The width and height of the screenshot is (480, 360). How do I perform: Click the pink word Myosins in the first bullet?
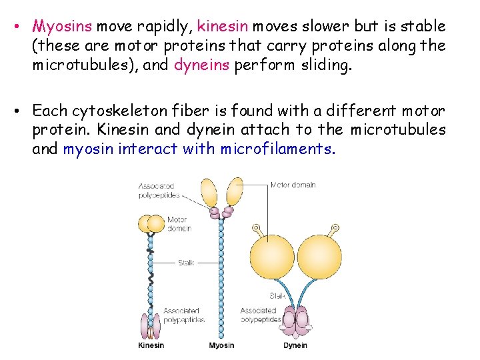63,27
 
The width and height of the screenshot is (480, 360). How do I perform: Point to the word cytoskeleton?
119,111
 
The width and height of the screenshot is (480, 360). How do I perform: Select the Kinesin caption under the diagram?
151,345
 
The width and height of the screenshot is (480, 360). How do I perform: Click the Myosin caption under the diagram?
221,345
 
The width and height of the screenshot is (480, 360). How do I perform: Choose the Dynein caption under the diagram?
295,345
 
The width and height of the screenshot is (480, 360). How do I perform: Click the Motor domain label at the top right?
293,185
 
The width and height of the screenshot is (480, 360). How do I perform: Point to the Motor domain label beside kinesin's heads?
178,224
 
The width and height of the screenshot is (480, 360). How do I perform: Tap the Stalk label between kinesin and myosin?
186,263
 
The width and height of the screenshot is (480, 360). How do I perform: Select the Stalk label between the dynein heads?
277,295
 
